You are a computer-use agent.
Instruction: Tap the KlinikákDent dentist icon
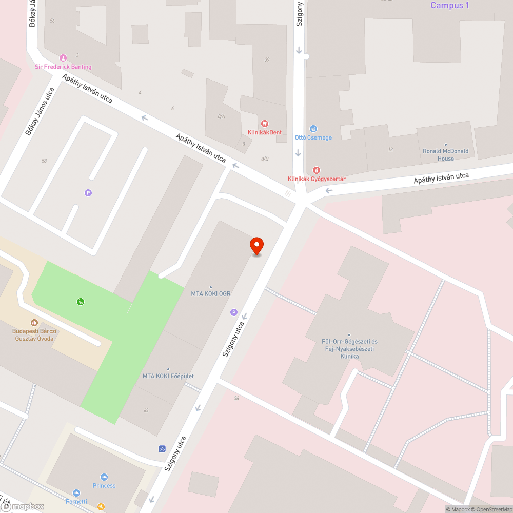[265, 123]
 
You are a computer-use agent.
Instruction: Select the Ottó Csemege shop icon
[313, 129]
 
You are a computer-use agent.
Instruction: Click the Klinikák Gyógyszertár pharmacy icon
[317, 170]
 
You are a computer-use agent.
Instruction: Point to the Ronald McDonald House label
[445, 155]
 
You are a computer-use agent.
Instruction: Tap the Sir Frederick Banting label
[63, 67]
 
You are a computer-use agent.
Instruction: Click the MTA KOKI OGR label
[211, 294]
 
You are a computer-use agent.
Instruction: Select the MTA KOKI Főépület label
[168, 376]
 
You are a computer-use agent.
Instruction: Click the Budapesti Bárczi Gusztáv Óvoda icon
[34, 323]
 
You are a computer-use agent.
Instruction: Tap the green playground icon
[81, 302]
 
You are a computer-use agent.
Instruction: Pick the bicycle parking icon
[162, 449]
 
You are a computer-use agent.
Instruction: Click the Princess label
[104, 485]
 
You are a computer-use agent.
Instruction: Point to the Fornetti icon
[76, 493]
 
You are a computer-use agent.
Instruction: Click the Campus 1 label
[449, 6]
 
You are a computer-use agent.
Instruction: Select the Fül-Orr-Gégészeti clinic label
[349, 349]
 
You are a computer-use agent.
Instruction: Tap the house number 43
[146, 410]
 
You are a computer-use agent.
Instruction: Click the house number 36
[236, 398]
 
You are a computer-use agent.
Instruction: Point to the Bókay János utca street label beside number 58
[40, 112]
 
